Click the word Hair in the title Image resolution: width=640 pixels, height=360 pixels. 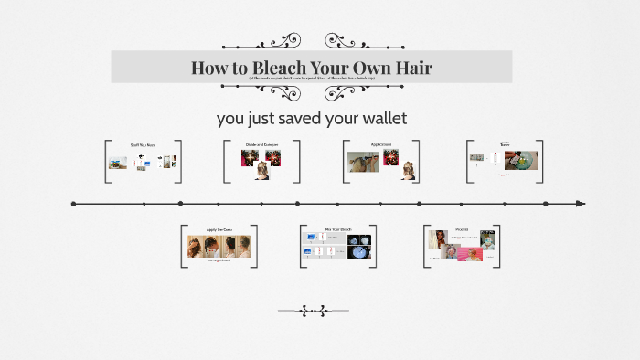point(408,68)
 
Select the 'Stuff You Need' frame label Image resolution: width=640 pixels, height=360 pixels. point(143,144)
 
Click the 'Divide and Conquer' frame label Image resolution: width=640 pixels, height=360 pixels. point(261,144)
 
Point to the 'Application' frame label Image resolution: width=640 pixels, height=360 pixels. point(381,144)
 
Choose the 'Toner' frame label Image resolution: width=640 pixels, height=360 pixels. point(505,144)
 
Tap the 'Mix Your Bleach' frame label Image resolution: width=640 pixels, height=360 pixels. point(338,228)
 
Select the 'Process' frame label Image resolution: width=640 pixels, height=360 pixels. point(462,228)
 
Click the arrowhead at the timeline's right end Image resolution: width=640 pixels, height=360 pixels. point(580,204)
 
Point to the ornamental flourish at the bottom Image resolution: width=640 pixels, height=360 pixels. point(314,311)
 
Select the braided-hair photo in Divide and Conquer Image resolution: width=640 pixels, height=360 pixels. point(262,170)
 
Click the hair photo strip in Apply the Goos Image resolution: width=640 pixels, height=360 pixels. point(219,247)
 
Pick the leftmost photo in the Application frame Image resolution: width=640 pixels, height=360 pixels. point(363,163)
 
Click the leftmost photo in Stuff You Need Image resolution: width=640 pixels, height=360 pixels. point(117,164)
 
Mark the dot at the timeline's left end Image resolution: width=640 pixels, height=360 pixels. point(73,204)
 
